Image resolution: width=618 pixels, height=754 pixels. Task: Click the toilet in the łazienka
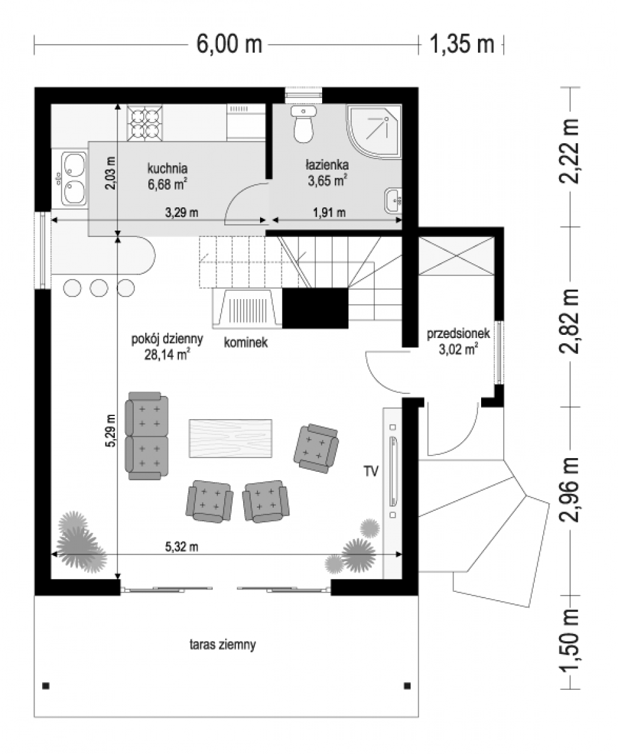(303, 124)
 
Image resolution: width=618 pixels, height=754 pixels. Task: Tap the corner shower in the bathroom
(374, 131)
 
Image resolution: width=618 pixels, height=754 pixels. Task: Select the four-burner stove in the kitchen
(144, 123)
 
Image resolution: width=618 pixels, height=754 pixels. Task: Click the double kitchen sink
(74, 178)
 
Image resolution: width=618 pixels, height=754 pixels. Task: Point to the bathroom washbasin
(393, 200)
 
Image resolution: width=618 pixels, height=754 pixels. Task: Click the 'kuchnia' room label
(167, 168)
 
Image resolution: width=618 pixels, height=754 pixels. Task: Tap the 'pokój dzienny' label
(167, 339)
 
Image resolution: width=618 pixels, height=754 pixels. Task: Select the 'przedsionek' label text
(458, 333)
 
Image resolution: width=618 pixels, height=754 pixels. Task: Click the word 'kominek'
(246, 342)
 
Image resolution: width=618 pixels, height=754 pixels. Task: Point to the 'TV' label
(371, 471)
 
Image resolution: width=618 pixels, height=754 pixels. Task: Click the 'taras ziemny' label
(223, 645)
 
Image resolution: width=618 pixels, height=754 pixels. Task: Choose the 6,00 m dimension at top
(229, 45)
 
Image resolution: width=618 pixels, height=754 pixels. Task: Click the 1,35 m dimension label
(462, 45)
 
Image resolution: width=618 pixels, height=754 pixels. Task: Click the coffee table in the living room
(230, 439)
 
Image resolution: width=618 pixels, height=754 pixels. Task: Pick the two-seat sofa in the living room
(146, 435)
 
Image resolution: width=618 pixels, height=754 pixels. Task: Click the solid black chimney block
(315, 308)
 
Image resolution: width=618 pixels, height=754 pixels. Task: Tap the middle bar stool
(99, 287)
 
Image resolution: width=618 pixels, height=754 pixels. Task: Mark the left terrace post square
(46, 686)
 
